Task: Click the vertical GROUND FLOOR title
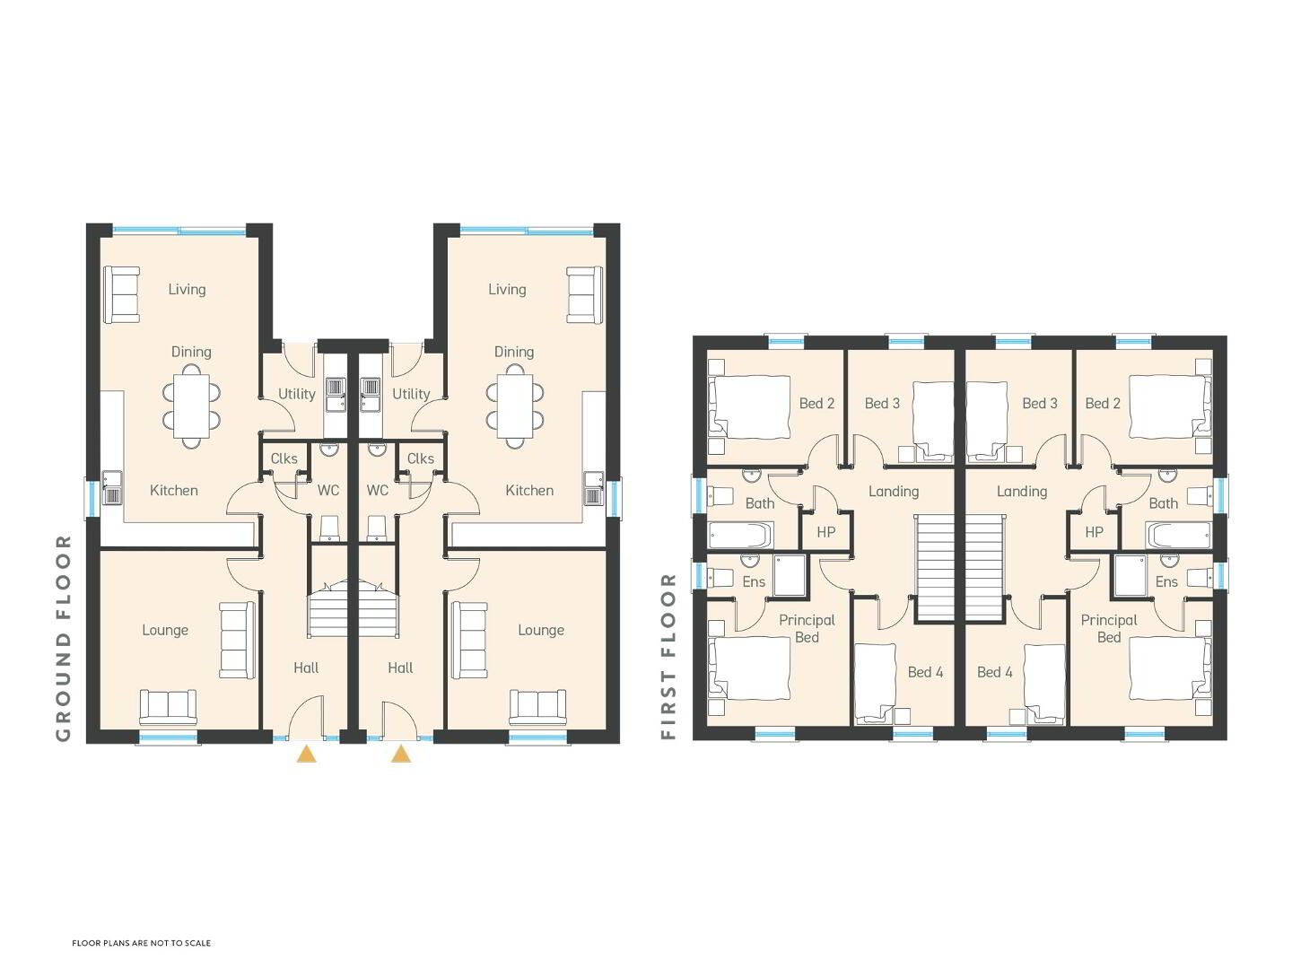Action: point(64,638)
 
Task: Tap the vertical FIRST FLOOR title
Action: point(668,656)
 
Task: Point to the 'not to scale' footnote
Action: point(141,942)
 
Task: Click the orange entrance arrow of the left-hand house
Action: point(306,754)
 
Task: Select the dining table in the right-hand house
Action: point(515,406)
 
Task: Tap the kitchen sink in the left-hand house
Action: point(112,488)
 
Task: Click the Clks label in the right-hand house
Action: point(420,458)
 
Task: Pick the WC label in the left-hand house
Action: point(327,490)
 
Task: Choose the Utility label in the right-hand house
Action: point(411,394)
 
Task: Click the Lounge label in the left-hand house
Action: point(165,630)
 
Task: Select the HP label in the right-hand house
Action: point(1094,532)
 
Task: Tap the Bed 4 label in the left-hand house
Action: point(925,672)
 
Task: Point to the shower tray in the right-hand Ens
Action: point(1130,575)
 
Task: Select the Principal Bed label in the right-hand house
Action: point(1109,628)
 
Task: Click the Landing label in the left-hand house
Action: point(894,492)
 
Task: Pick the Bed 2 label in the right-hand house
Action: point(1103,404)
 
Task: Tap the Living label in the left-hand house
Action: point(188,290)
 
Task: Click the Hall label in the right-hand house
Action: point(400,668)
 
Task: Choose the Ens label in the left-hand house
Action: point(754,582)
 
